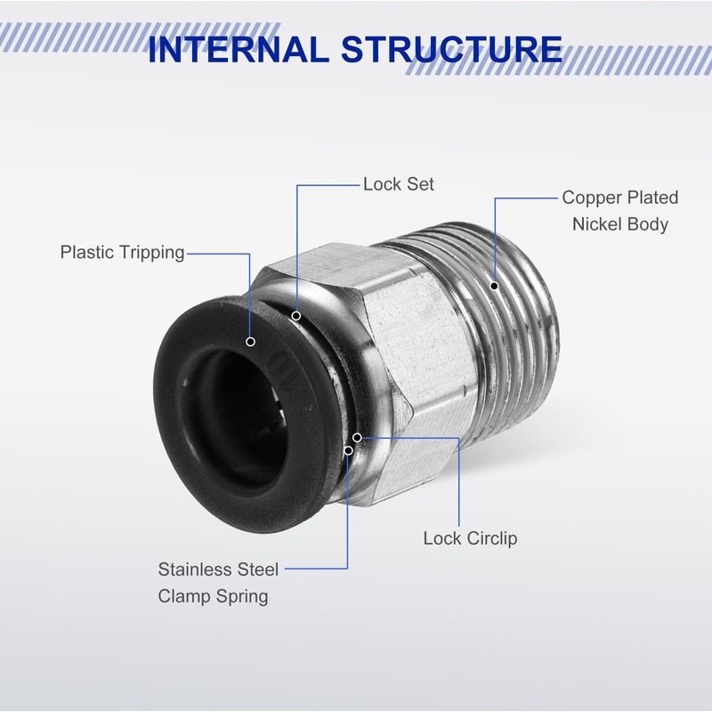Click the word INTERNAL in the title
239,49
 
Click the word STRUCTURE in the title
452,49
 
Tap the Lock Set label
399,184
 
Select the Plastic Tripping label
123,253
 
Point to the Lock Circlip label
471,538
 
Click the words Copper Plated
620,198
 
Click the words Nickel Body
620,224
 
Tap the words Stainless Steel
218,570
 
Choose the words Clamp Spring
213,596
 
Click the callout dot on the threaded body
495,286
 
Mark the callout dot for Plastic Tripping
250,342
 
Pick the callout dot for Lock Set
296,316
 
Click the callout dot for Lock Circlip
358,437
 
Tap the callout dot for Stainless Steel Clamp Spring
348,450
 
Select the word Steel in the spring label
257,570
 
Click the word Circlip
492,538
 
